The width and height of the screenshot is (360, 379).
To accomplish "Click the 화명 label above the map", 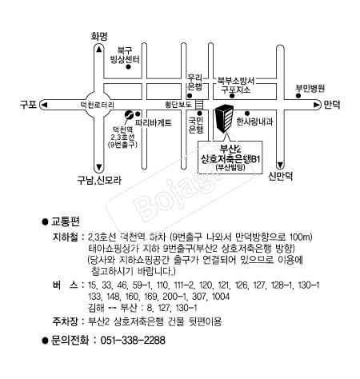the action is pos(99,36).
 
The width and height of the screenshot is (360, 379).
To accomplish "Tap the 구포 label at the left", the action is pos(28,105).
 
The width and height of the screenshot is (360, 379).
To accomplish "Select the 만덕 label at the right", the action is pos(332,105).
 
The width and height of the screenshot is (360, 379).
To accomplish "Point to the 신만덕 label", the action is pos(280,176).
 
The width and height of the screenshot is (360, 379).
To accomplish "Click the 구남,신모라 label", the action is pos(99,181).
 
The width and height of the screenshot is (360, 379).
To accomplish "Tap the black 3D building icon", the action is pos(224,118).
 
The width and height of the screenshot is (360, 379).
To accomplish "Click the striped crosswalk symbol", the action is pos(199,105).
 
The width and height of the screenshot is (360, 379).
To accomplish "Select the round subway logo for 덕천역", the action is pos(129,114).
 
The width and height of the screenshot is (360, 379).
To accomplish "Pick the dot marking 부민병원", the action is pos(298,96).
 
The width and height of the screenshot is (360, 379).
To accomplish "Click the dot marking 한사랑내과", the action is pos(247,114).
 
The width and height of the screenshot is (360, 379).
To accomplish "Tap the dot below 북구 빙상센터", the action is pos(128,66).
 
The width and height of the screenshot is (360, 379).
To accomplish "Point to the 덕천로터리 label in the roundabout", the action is pos(98,105).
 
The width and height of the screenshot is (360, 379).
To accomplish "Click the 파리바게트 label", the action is pos(154,122).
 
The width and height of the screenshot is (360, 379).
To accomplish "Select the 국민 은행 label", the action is pos(196,125).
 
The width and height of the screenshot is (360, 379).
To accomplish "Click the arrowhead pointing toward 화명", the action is pos(99,50).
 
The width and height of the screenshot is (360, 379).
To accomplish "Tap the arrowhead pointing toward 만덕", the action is pos(317,105).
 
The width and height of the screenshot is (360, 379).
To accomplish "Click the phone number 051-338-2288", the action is pos(133,341).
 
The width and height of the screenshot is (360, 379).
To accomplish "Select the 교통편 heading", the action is pos(66,221).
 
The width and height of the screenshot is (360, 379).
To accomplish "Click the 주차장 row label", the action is pos(66,321).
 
